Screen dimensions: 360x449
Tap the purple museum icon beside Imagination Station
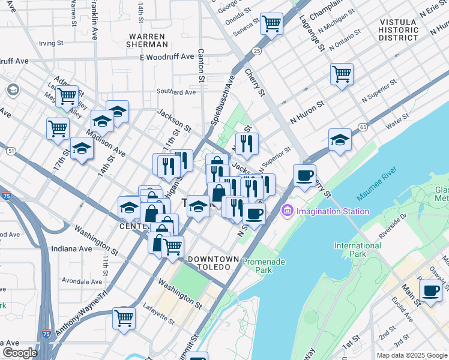coord(286,211)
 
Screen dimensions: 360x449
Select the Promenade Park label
coord(264,266)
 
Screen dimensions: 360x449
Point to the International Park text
coord(357,250)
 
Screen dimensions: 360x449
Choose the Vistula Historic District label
coord(398,30)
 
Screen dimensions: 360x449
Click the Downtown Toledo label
coord(209,262)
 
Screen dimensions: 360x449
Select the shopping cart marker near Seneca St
coord(272,24)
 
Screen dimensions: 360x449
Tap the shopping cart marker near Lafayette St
coord(124,318)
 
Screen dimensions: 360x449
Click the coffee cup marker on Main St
coord(430,290)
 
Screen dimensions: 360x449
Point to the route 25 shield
coord(256,52)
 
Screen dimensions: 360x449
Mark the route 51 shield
coord(11,151)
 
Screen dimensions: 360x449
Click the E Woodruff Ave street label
coord(167,57)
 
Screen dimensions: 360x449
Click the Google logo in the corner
coord(20,353)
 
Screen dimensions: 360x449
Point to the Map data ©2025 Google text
coord(412,355)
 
